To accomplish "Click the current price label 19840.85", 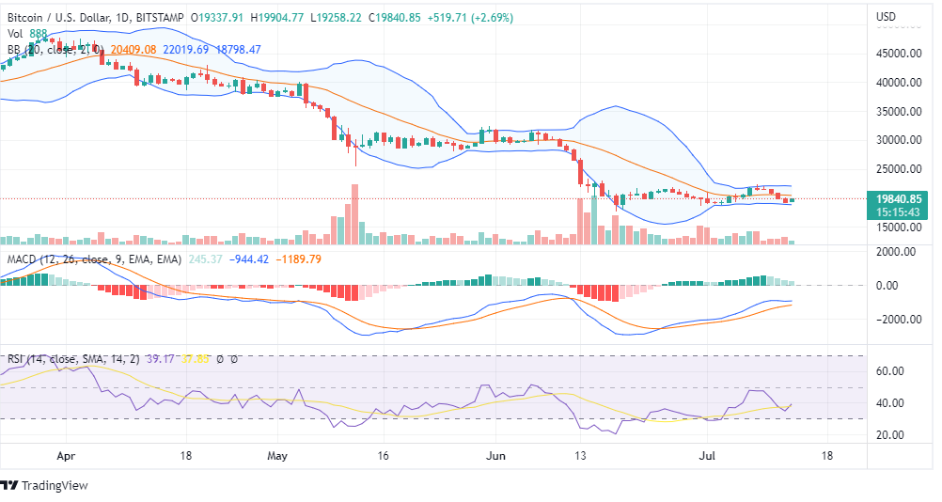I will pyautogui.click(x=899, y=198).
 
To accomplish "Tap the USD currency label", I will pyautogui.click(x=886, y=17).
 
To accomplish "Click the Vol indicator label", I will pyautogui.click(x=15, y=34).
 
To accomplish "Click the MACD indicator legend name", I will pyautogui.click(x=24, y=259).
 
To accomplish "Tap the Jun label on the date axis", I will pyautogui.click(x=496, y=455).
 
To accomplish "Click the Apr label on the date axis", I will pyautogui.click(x=65, y=455).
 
